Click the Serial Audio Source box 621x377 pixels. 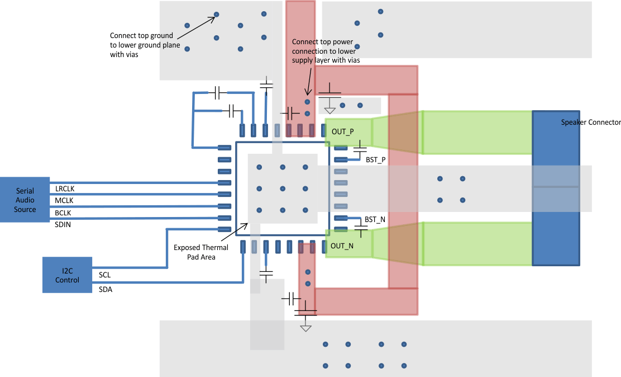click(25, 200)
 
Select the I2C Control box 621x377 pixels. click(67, 275)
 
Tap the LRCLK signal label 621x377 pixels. click(64, 188)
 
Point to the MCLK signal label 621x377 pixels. click(64, 200)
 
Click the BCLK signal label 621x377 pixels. click(63, 213)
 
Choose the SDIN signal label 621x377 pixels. click(63, 224)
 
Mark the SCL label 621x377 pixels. click(104, 275)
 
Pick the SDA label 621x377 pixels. click(105, 289)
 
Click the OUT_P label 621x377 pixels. click(342, 132)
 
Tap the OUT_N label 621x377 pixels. click(342, 246)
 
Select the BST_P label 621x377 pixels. click(375, 160)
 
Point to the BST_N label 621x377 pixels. click(375, 220)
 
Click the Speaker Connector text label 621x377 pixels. click(590, 122)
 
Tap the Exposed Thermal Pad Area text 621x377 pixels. click(200, 252)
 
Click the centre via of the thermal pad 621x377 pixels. click(283, 189)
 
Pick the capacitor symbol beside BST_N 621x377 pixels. click(361, 229)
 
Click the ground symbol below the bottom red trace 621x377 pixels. click(305, 326)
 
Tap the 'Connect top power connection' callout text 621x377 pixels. click(326, 51)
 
